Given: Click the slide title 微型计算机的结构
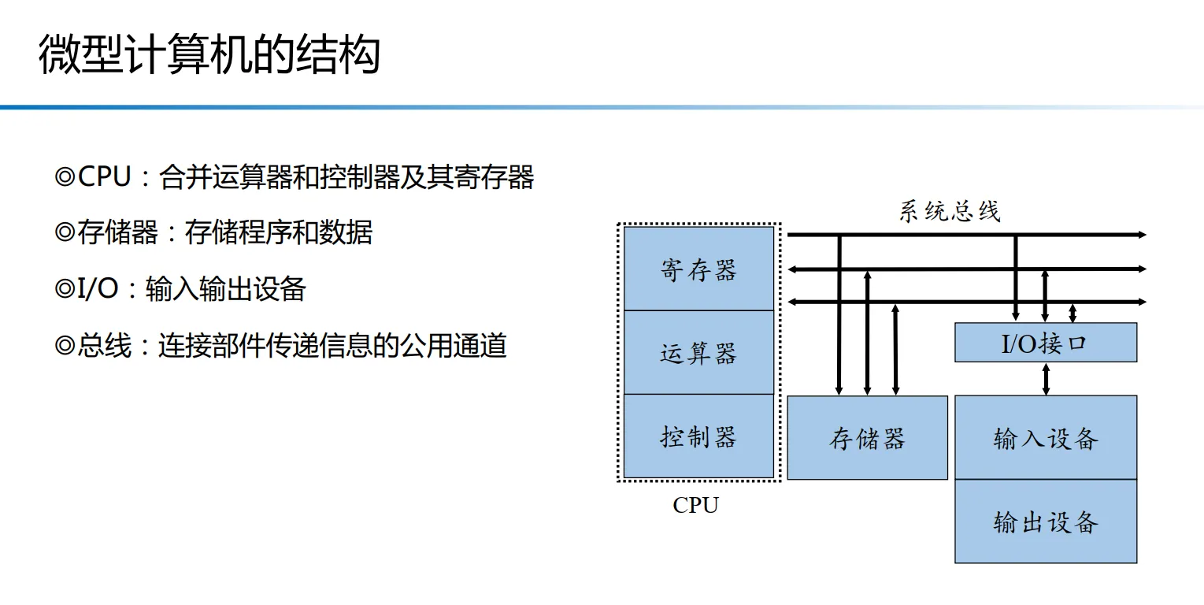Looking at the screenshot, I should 209,55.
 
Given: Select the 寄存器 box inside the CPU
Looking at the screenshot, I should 698,269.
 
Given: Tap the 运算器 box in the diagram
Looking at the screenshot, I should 698,352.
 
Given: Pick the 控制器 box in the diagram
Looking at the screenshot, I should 698,436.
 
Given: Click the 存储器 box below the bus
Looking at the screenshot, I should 867,437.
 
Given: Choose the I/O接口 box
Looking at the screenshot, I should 1045,343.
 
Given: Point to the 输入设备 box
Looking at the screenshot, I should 1045,437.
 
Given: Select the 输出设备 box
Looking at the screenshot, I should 1045,521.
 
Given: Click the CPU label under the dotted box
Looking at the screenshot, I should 695,505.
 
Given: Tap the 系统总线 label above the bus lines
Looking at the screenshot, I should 949,211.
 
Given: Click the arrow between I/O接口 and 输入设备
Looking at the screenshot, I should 1046,378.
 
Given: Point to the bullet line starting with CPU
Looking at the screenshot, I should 295,176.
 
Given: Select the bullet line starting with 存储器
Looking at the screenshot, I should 213,232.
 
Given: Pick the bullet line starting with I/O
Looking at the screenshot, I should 180,289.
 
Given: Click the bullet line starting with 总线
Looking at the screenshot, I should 280,346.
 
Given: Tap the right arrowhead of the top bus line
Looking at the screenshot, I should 1142,235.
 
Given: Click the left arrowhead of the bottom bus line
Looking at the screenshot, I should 793,302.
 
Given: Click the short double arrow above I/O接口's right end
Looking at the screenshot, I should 1072,313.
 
